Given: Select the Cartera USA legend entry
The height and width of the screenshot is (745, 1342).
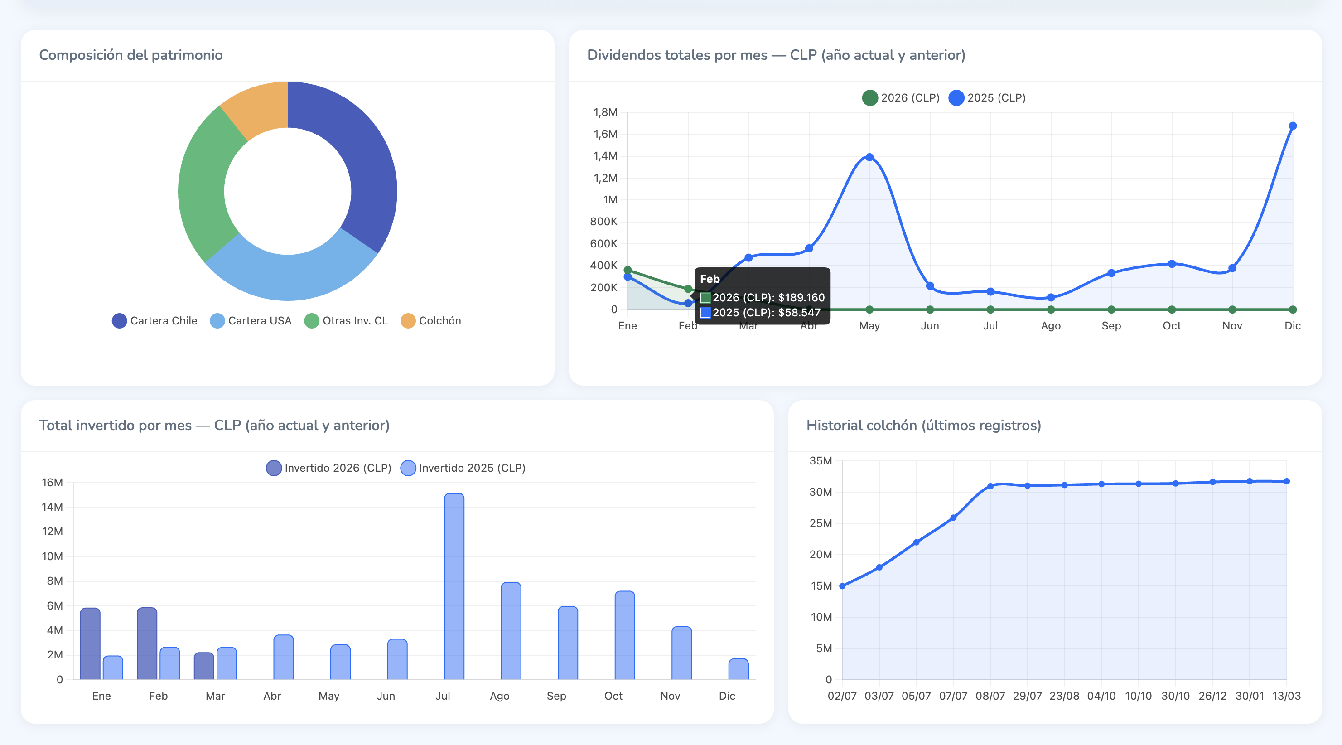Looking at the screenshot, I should point(251,321).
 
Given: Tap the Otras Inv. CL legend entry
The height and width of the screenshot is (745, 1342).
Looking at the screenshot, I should point(347,321).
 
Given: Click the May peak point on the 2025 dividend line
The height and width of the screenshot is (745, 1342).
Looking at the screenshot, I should point(869,157).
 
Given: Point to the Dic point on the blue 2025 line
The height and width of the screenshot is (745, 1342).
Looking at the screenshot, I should point(1293,126).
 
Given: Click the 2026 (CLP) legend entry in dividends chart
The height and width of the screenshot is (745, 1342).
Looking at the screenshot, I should point(901,98).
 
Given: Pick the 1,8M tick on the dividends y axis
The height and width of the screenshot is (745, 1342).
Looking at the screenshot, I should point(605,112).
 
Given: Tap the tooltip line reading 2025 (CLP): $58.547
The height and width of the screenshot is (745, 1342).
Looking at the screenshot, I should point(766,313).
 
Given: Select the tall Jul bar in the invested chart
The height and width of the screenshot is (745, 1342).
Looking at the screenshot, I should point(454,586).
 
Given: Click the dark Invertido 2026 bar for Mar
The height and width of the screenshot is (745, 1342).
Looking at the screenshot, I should point(204,666).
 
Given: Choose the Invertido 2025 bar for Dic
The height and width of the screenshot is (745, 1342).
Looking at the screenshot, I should point(738,669).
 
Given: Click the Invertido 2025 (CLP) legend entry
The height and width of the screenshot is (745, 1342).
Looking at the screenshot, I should point(463,468).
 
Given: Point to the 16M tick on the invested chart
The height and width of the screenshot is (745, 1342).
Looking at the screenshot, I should point(52,483).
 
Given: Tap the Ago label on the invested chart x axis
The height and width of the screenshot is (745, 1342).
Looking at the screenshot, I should point(499,696).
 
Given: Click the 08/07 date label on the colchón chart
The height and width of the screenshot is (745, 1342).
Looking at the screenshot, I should point(990,696).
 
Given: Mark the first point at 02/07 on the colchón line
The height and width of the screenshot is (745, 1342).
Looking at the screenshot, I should point(842,586).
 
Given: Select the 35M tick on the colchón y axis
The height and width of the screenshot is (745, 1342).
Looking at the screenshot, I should point(821,461).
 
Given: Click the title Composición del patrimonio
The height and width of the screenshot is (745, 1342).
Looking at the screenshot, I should point(131,55).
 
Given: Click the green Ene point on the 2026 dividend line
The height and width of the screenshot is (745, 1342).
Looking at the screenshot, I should point(628,270).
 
